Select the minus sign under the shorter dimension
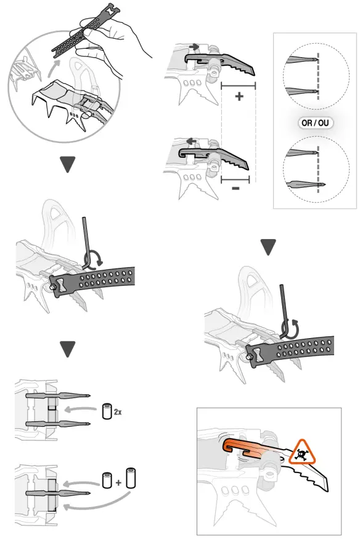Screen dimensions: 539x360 (235, 188)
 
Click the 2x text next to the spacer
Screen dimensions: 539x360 (117, 411)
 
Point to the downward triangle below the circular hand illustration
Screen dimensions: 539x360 (68, 165)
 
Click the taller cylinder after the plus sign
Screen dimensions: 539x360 (129, 478)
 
